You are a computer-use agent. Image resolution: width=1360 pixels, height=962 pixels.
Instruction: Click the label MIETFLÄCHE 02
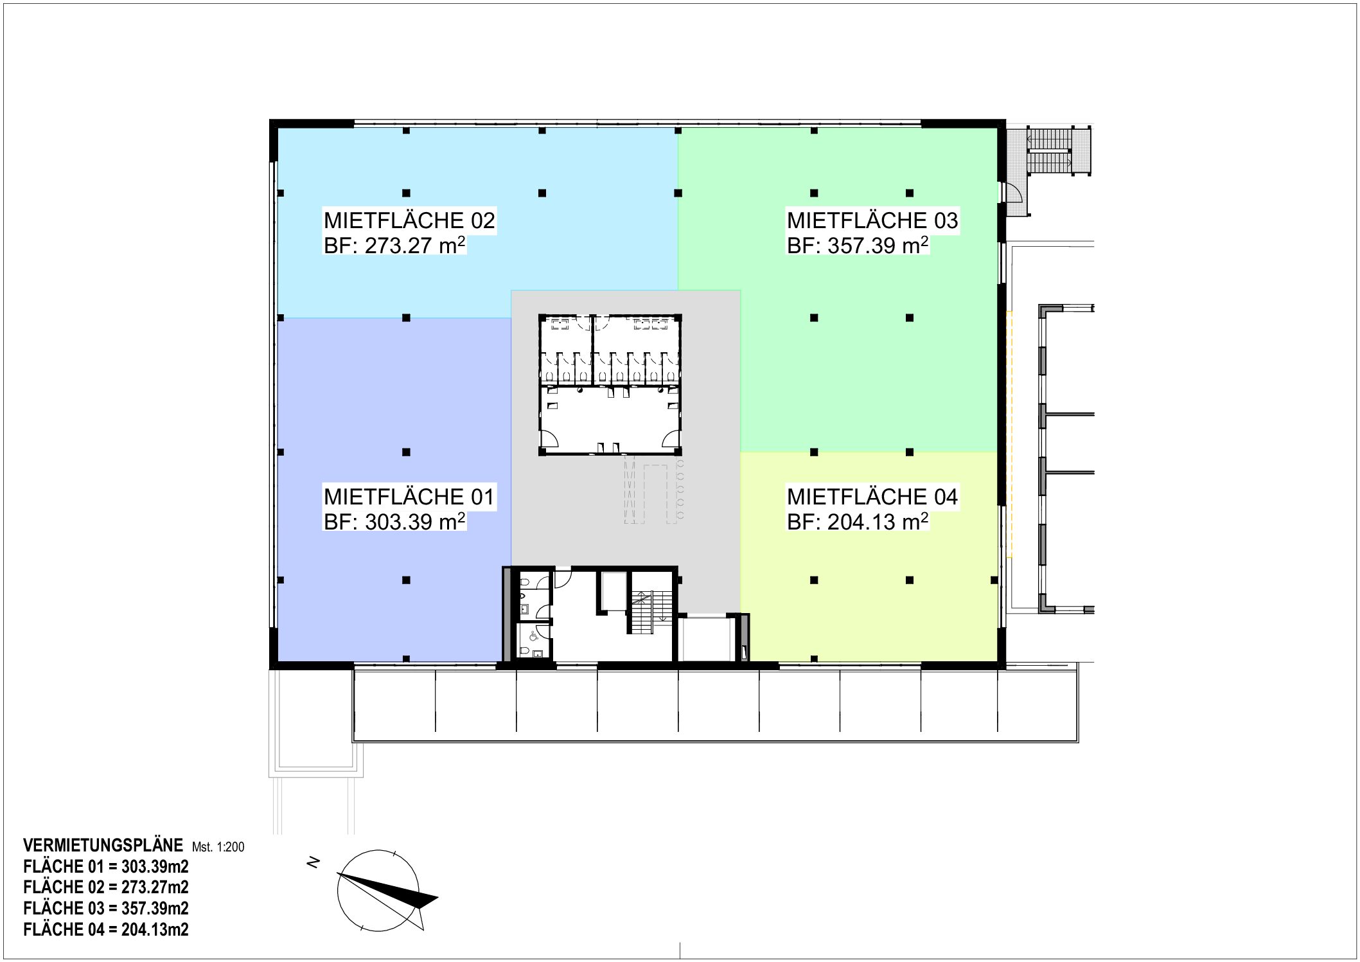tap(409, 220)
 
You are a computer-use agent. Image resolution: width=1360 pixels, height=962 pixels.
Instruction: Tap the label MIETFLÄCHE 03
tap(872, 220)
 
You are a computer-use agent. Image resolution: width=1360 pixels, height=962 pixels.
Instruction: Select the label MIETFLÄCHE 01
tap(409, 497)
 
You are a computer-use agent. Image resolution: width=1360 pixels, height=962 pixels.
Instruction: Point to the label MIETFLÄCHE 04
tap(872, 497)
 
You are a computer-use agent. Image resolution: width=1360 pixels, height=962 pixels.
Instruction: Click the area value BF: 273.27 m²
tap(394, 245)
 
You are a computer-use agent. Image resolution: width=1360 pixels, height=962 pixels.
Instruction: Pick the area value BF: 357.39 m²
tap(858, 245)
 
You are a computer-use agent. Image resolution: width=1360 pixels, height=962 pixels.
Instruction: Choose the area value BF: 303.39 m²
tap(394, 521)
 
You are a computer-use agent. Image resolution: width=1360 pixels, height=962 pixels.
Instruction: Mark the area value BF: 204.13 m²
tap(858, 521)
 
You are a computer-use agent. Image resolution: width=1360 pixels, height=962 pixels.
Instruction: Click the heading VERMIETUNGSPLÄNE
tap(103, 845)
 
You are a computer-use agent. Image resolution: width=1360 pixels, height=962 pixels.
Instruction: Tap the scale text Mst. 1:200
tap(218, 847)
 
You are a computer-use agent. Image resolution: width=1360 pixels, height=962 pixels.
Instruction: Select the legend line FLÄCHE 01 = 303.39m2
tap(106, 866)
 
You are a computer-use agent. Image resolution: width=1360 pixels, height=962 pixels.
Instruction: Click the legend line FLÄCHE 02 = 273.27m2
tap(106, 887)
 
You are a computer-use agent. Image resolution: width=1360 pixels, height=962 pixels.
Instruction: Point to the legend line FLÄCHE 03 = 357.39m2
tap(106, 908)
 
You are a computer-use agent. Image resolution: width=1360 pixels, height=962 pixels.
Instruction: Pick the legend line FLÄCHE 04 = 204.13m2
tap(106, 929)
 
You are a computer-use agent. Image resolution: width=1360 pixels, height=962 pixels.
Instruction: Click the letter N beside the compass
tap(314, 863)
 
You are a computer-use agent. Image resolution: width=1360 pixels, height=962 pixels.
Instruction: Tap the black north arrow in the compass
tap(392, 891)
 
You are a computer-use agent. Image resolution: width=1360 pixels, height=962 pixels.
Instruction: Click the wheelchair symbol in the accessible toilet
tap(533, 636)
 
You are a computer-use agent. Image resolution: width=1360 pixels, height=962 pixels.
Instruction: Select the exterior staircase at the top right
tap(1049, 151)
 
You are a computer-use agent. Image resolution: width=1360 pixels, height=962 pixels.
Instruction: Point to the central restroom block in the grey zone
tap(610, 384)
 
